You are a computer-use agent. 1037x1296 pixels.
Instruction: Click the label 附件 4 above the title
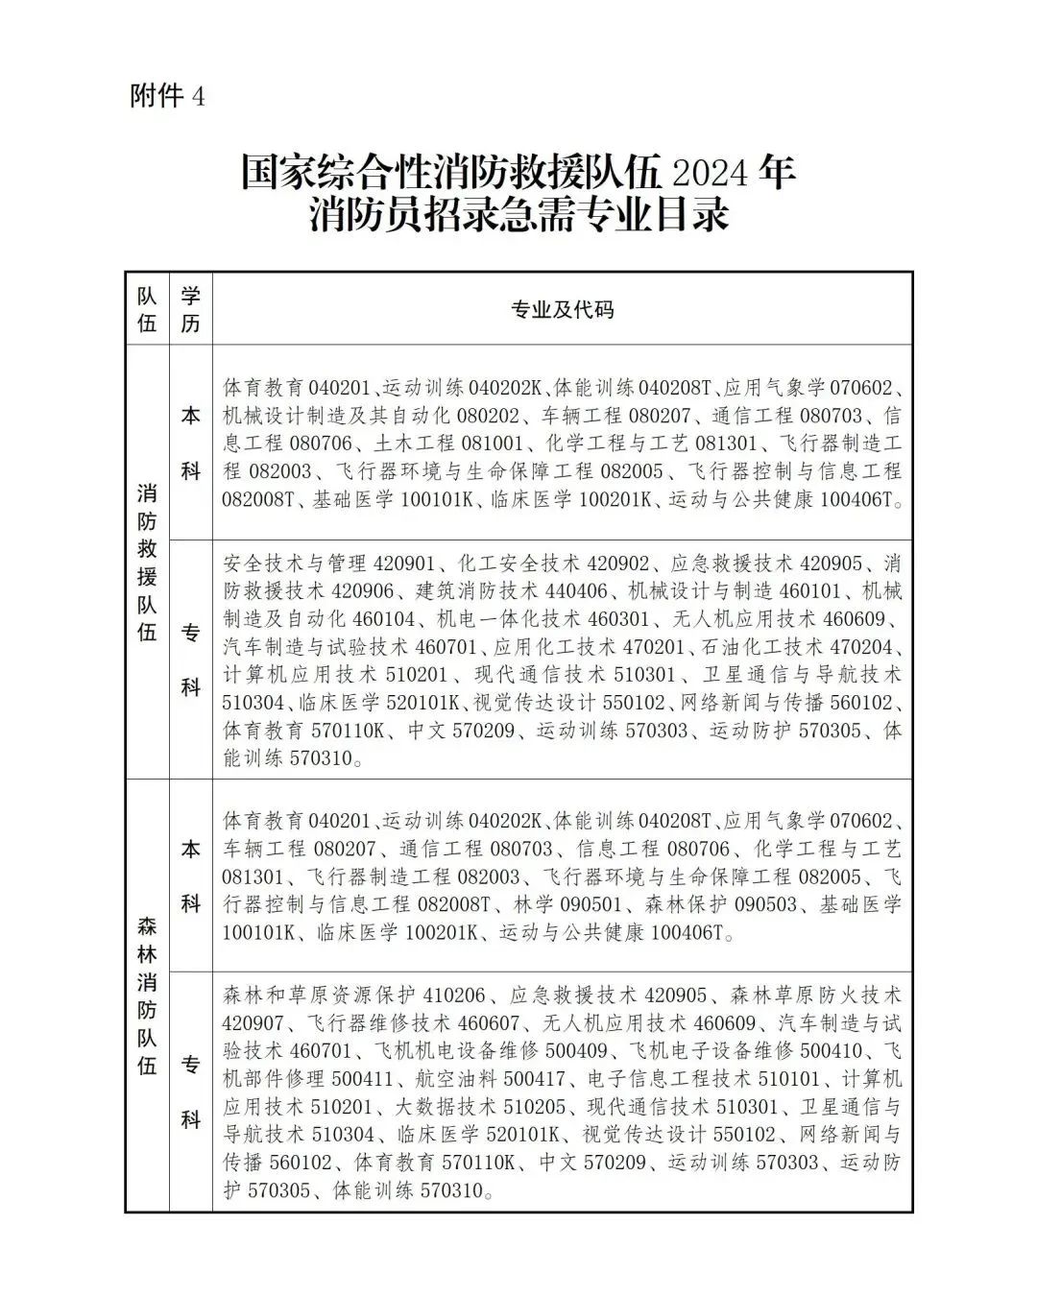pyautogui.click(x=167, y=97)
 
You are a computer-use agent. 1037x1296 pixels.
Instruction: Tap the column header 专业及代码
pyautogui.click(x=562, y=309)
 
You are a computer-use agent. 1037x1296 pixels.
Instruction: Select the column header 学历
pyautogui.click(x=190, y=309)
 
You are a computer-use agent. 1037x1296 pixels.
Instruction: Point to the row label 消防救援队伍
pyautogui.click(x=147, y=562)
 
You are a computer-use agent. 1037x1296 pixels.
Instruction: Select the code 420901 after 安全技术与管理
pyautogui.click(x=396, y=563)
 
